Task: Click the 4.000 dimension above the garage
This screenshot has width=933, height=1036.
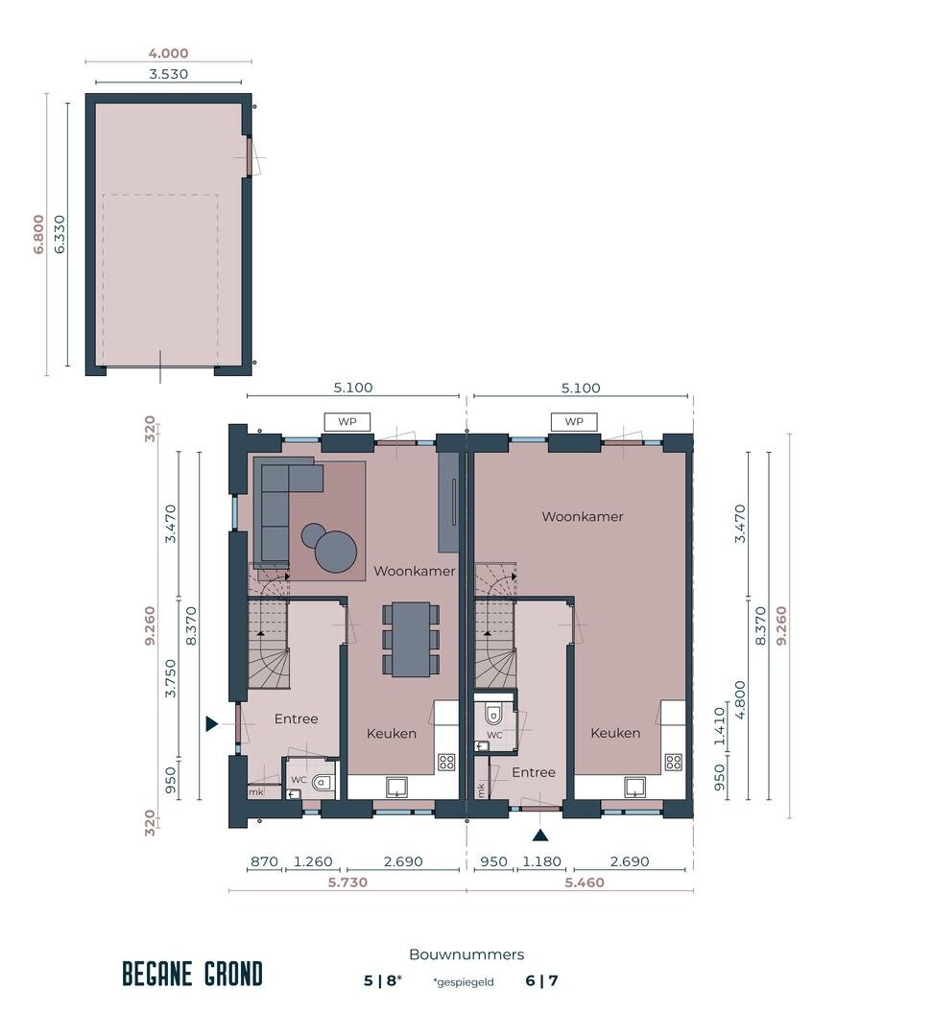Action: [168, 54]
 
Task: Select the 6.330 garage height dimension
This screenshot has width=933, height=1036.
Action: [60, 235]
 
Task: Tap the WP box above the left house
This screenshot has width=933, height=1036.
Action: [347, 421]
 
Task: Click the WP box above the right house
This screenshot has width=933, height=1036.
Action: [574, 421]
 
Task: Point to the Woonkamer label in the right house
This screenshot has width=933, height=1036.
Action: [583, 517]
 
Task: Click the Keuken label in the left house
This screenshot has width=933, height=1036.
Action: [392, 734]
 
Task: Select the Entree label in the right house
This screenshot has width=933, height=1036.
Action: [534, 772]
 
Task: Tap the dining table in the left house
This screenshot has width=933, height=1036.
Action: [411, 639]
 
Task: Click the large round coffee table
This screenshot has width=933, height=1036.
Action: [336, 552]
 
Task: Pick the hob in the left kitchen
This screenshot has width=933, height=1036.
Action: [446, 763]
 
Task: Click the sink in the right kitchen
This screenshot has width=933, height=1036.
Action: [634, 787]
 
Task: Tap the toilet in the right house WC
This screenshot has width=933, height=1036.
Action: [493, 715]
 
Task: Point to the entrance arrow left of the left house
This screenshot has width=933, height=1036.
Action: [211, 723]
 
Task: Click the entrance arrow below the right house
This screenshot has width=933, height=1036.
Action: [540, 836]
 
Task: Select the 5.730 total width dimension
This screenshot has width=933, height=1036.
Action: [347, 883]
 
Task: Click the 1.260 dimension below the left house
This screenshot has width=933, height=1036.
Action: [313, 861]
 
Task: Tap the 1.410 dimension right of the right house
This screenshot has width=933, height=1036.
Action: [720, 725]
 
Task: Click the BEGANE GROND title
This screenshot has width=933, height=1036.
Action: [192, 974]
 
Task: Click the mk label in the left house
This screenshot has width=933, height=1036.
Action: [256, 792]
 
